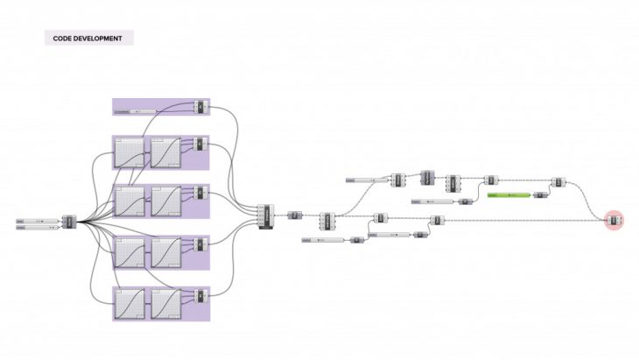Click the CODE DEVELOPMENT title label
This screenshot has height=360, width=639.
point(89,39)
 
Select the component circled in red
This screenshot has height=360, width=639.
point(614,221)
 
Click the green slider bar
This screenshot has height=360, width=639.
point(507,194)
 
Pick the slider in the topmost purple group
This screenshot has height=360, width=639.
point(144,111)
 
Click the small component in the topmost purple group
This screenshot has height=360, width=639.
point(200,107)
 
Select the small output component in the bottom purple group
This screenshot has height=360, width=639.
point(200,295)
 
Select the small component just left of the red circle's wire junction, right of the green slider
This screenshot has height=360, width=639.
point(558,182)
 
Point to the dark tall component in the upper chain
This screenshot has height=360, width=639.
point(427,177)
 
